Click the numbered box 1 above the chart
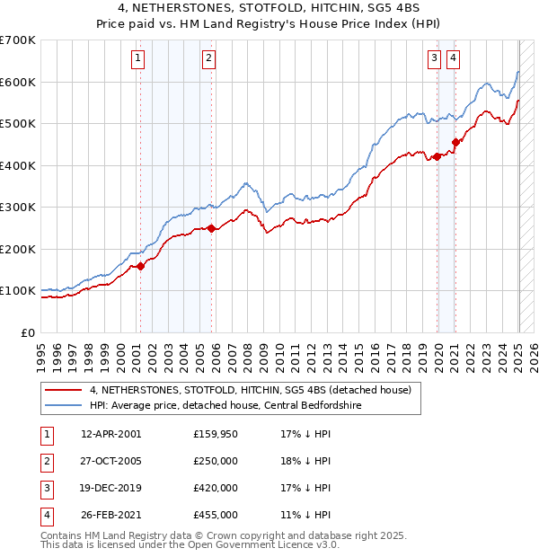[x=138, y=59]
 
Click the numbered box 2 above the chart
[x=208, y=59]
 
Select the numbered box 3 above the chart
[x=434, y=59]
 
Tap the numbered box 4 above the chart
[x=453, y=59]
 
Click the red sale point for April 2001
[x=141, y=266]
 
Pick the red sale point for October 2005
[x=212, y=228]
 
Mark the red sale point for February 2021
[x=455, y=142]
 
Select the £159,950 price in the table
[x=216, y=434]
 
